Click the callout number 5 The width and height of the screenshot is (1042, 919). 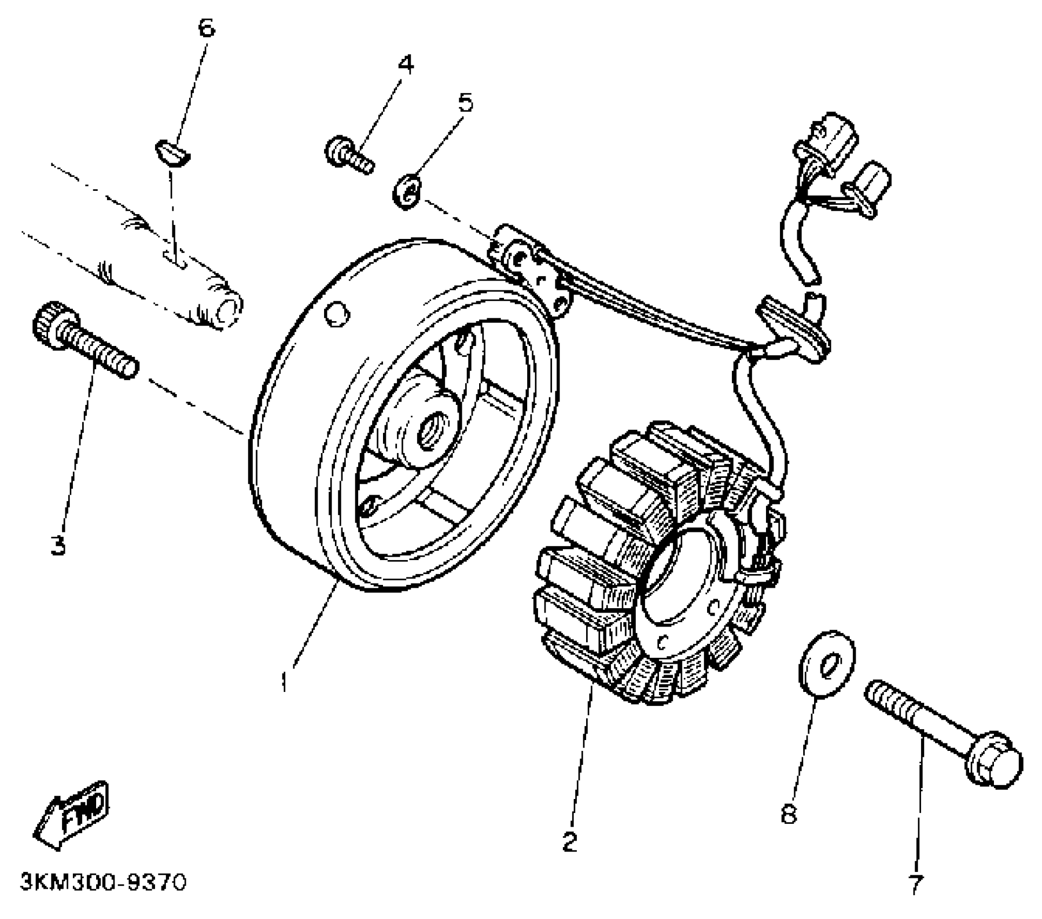pos(465,102)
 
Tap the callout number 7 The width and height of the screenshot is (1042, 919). pos(915,884)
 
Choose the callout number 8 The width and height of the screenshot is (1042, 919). pos(789,814)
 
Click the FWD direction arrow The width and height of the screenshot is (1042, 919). pos(72,816)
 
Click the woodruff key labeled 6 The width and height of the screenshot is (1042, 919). pos(172,153)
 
